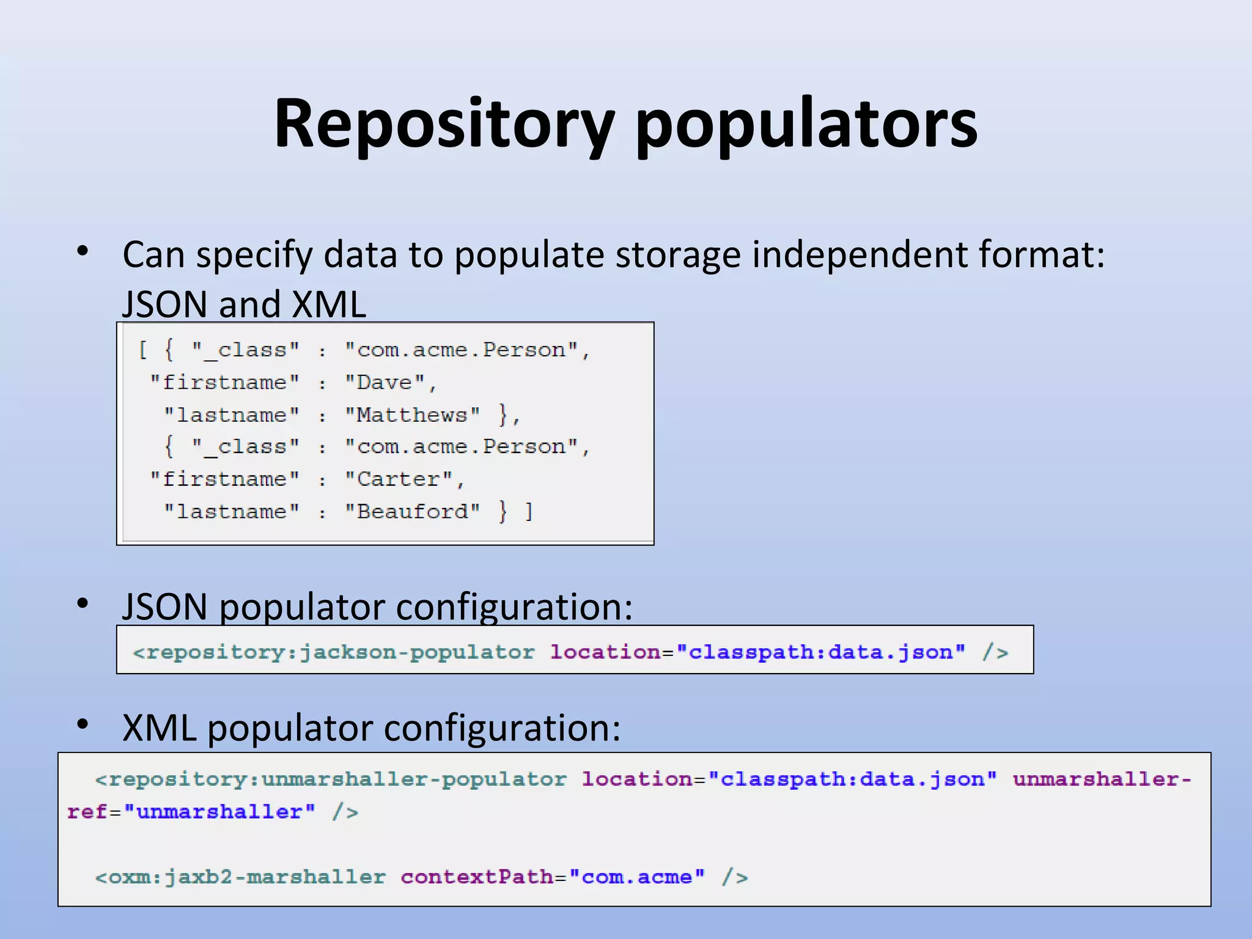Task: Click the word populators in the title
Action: tap(806, 125)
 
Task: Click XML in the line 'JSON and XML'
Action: tap(329, 304)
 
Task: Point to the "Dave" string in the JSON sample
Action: tap(385, 383)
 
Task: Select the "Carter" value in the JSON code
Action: tap(399, 479)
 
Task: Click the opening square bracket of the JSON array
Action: tap(143, 350)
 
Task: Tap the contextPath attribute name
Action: tap(477, 877)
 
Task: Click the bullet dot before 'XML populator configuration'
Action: tap(83, 724)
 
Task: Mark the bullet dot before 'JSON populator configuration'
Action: tap(83, 603)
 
